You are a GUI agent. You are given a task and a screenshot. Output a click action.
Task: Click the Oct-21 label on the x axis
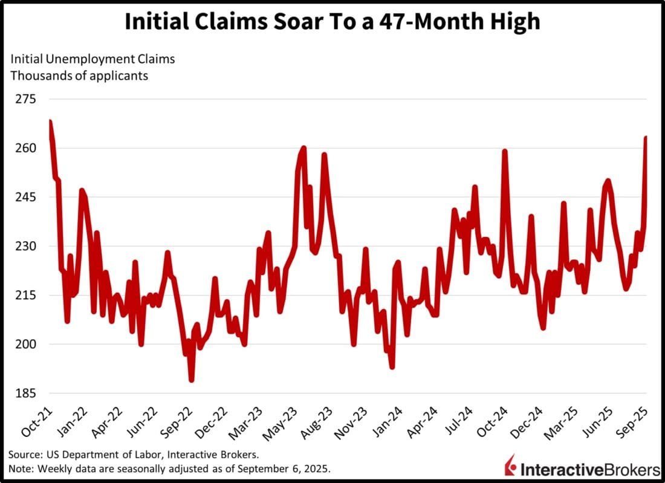(37, 421)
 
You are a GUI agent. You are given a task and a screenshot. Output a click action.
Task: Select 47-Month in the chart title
(432, 22)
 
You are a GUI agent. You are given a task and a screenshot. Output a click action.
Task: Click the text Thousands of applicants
(79, 76)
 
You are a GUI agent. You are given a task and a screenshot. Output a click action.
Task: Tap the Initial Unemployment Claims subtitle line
(92, 59)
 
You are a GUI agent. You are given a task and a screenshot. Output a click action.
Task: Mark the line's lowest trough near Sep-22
(192, 380)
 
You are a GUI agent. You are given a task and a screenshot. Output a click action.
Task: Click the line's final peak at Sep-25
(646, 138)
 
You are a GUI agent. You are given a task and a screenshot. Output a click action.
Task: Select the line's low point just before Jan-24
(392, 366)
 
